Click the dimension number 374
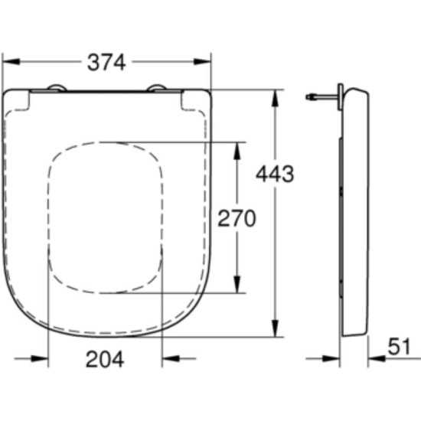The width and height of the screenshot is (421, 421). tap(106, 63)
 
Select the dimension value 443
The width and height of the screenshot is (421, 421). tap(276, 175)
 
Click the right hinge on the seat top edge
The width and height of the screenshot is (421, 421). tap(156, 89)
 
